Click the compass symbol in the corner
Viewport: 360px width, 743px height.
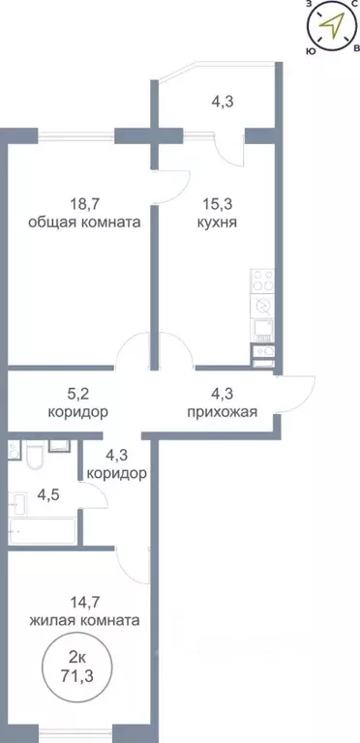[x=332, y=26]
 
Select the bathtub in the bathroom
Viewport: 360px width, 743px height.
[x=41, y=530]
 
